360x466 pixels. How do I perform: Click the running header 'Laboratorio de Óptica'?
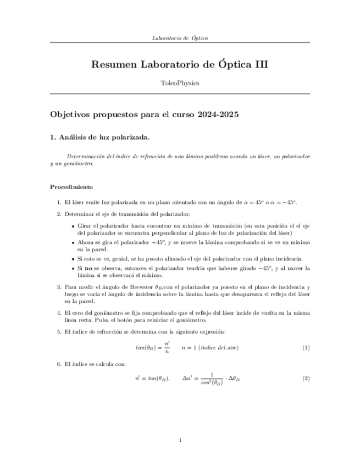point(180,38)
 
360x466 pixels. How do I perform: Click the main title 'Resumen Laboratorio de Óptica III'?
point(180,64)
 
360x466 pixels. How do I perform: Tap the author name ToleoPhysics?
point(180,83)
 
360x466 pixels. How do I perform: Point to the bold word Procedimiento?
point(71,187)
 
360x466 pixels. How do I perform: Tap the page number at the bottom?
point(180,440)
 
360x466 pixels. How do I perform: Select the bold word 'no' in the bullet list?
point(87,268)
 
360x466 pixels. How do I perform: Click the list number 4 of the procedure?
point(59,313)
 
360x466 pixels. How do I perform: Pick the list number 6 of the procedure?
point(59,363)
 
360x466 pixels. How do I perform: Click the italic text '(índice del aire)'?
point(218,348)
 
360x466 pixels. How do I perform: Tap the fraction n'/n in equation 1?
point(167,347)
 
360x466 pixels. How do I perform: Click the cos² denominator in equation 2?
point(211,383)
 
